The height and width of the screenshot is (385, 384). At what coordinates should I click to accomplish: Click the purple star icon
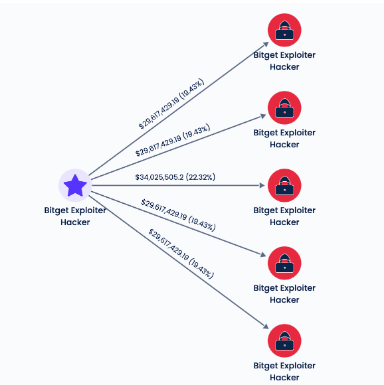[x=75, y=185]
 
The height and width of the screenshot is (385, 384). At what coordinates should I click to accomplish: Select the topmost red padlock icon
[x=284, y=30]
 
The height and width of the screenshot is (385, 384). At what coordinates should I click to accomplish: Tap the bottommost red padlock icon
[x=284, y=341]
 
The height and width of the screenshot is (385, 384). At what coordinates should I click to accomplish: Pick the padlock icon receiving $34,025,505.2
[x=284, y=185]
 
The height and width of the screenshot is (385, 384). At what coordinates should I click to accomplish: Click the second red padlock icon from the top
[x=284, y=108]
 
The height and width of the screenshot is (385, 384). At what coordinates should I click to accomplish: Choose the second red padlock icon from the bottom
[x=284, y=264]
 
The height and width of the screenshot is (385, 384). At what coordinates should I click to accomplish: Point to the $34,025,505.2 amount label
[x=159, y=177]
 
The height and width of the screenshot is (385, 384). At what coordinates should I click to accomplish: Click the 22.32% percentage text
[x=201, y=177]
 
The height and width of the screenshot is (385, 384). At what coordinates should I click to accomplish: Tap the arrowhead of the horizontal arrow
[x=262, y=185]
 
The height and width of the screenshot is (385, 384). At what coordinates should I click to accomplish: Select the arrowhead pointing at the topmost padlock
[x=266, y=44]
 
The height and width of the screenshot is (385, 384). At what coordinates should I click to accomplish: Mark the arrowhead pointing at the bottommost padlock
[x=266, y=327]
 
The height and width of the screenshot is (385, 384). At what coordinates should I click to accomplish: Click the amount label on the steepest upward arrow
[x=171, y=104]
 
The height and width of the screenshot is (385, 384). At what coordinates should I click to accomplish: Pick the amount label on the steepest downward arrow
[x=181, y=254]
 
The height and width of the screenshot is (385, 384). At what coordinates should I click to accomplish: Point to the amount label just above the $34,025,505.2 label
[x=173, y=140]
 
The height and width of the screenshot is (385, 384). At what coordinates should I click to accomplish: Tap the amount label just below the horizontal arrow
[x=178, y=215]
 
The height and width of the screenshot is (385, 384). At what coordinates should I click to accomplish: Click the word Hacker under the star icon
[x=75, y=222]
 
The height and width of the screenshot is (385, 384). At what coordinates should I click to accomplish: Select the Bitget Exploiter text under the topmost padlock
[x=284, y=55]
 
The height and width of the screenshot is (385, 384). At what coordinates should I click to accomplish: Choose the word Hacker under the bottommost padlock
[x=284, y=378]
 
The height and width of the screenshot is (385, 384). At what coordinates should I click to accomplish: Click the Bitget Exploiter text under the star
[x=75, y=210]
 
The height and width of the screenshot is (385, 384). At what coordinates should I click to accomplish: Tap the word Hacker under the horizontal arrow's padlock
[x=284, y=222]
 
